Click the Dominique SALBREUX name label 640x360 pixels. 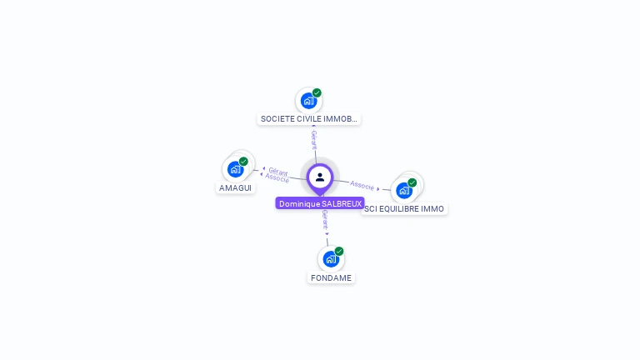[320, 203]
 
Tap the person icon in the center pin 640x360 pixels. [320, 177]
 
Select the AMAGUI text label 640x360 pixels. [236, 188]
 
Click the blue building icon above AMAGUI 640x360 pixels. [236, 169]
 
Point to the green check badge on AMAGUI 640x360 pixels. [243, 162]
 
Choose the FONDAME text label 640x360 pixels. [331, 277]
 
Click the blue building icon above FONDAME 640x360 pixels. [331, 258]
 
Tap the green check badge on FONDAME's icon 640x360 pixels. [339, 251]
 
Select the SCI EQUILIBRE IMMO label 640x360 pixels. [404, 209]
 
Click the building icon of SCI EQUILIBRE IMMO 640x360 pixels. [404, 190]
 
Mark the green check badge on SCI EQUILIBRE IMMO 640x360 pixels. [412, 182]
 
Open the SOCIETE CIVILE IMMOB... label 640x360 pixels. [309, 119]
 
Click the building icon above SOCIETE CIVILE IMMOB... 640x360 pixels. [308, 101]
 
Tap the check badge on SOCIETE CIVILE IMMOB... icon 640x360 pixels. [317, 92]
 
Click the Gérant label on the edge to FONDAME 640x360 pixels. [325, 220]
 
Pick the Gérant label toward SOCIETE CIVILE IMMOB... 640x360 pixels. [313, 138]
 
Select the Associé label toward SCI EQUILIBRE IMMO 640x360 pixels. [362, 185]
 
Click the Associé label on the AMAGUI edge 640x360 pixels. [277, 178]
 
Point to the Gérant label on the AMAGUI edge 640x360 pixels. [278, 171]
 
